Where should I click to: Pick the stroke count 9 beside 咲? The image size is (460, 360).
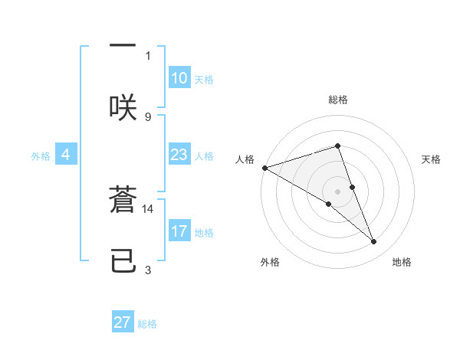click(x=148, y=116)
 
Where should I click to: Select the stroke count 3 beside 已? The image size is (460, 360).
click(x=148, y=270)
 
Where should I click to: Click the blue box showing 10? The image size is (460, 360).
click(x=179, y=78)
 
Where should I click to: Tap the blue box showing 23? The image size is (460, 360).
click(x=179, y=155)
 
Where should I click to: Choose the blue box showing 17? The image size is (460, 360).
click(x=179, y=231)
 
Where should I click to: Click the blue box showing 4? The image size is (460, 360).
click(x=66, y=155)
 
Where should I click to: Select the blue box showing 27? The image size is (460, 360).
click(x=123, y=322)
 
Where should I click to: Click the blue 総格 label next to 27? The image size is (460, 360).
click(x=147, y=324)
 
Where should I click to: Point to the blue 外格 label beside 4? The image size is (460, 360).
click(x=41, y=155)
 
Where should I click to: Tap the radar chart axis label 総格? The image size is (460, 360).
click(x=338, y=100)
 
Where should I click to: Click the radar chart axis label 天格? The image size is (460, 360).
click(x=432, y=159)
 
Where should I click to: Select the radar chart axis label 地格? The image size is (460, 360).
click(x=402, y=262)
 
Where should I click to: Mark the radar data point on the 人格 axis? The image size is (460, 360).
click(x=264, y=168)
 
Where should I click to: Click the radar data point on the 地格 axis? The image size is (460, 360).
click(x=374, y=241)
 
